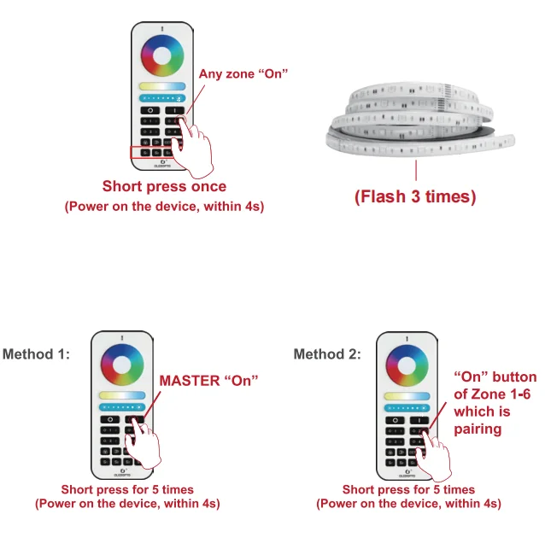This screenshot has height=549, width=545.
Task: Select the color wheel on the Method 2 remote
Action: click(x=405, y=362)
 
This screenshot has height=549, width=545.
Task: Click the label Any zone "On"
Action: click(x=243, y=74)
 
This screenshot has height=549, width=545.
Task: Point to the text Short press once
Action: click(x=164, y=186)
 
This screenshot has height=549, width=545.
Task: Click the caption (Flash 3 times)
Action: click(x=415, y=196)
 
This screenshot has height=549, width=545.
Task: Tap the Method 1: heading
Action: click(x=37, y=353)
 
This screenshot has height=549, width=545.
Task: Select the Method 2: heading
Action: click(x=327, y=353)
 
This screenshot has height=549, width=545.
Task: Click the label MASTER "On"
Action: click(x=208, y=380)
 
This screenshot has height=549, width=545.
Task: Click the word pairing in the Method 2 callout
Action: click(x=478, y=429)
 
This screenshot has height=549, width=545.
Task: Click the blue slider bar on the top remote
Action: click(x=162, y=98)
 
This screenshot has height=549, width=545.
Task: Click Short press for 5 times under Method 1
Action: click(x=127, y=490)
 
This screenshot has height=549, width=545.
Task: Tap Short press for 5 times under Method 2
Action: click(x=408, y=490)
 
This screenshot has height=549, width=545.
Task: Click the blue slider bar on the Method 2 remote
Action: click(x=405, y=407)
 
